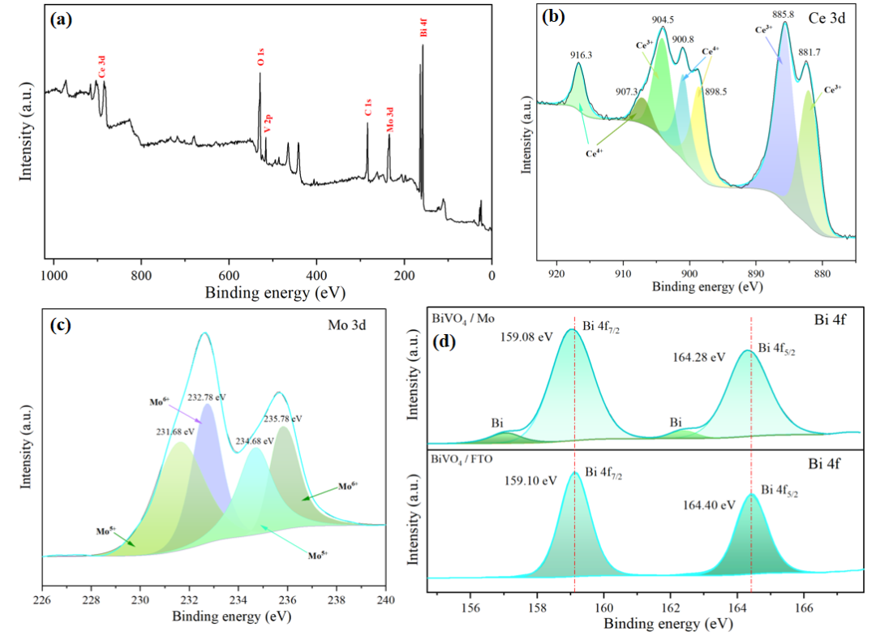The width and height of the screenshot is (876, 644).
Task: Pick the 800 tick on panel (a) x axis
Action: pyautogui.click(x=141, y=275)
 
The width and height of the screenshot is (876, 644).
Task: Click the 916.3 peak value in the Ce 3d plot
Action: pyautogui.click(x=581, y=55)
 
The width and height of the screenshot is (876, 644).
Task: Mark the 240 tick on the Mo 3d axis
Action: pyautogui.click(x=385, y=600)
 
